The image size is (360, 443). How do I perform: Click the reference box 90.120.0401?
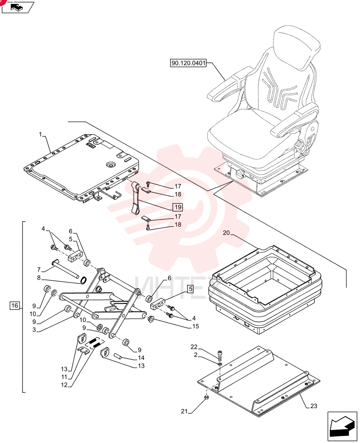pyautogui.click(x=188, y=63)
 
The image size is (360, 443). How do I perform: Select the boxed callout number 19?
pyautogui.click(x=178, y=207)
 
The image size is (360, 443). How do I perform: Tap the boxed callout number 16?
pyautogui.click(x=15, y=305)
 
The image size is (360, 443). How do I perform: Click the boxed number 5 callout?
pyautogui.click(x=190, y=289)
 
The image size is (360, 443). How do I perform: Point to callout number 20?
pyautogui.click(x=226, y=233)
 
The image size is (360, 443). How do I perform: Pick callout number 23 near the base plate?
pyautogui.click(x=313, y=406)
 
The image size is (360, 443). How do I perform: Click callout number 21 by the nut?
pyautogui.click(x=184, y=412)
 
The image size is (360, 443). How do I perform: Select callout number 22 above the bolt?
pyautogui.click(x=194, y=347)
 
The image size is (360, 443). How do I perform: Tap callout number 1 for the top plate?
pyautogui.click(x=40, y=134)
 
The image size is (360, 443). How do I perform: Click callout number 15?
pyautogui.click(x=196, y=326)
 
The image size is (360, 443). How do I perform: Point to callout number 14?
pyautogui.click(x=141, y=358)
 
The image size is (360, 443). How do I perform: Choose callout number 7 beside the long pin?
pyautogui.click(x=39, y=270)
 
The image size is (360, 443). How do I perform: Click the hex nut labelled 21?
pyautogui.click(x=206, y=398)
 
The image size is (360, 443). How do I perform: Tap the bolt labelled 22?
pyautogui.click(x=220, y=355)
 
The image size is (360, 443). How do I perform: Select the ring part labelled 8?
pyautogui.click(x=84, y=280)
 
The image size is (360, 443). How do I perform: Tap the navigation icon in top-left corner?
pyautogui.click(x=18, y=7)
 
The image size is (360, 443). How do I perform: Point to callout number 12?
pyautogui.click(x=64, y=385)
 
